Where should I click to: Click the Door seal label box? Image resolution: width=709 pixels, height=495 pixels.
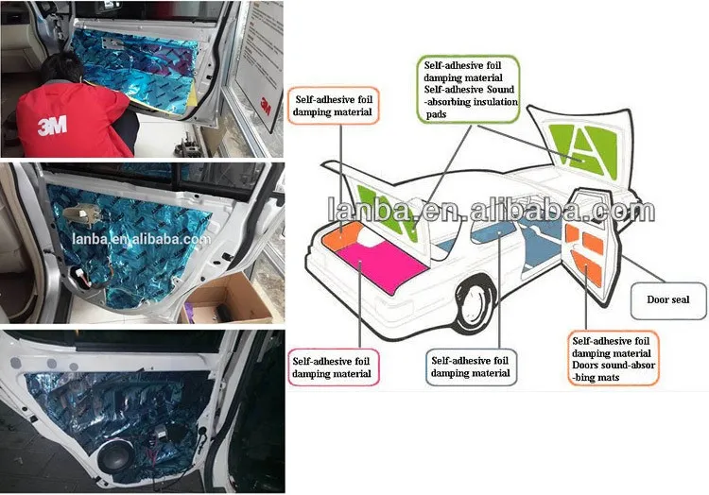point(668,300)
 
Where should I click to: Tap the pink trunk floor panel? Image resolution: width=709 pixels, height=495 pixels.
point(382,266)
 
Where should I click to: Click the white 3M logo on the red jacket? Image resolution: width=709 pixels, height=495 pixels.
point(52,125)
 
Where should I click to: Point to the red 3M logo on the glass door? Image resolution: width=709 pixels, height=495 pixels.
point(265,106)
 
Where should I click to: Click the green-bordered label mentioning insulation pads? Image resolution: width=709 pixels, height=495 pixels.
point(469,90)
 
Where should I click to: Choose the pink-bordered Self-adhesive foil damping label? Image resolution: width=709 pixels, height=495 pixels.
point(333,367)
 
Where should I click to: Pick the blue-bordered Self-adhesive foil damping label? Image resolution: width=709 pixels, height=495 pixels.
point(471,367)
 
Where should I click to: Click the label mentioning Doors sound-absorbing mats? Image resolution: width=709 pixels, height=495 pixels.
point(614,359)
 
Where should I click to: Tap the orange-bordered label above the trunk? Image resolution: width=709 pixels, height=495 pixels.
point(334,106)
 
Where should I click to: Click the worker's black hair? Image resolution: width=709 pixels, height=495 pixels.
point(62,67)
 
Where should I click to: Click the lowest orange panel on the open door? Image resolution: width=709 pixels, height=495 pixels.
point(587,268)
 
